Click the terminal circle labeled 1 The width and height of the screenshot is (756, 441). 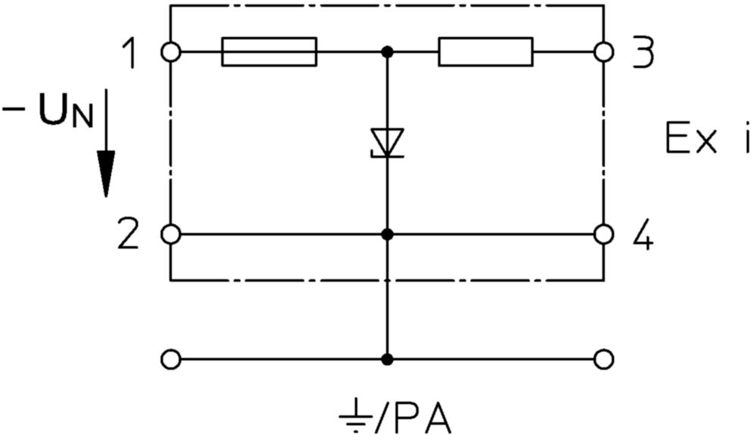point(171,51)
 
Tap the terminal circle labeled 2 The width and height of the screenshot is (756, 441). point(171,234)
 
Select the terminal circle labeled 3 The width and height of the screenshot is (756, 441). point(603,51)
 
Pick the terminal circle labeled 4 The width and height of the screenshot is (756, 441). point(603,234)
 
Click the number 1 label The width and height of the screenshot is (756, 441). point(129,53)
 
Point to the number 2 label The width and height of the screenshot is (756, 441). point(129,234)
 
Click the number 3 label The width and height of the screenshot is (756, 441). point(643,51)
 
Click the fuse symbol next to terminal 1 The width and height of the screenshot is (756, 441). point(269,51)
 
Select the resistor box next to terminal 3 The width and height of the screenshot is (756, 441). point(485,51)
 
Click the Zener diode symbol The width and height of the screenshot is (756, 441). point(386,143)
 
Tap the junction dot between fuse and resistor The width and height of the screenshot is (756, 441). point(386,51)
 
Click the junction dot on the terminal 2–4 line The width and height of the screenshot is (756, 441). point(386,234)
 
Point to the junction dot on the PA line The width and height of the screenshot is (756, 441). point(386,359)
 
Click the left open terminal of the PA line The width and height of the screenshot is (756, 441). point(171,359)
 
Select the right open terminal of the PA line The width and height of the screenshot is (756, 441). point(603,359)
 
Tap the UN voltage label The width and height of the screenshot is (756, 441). point(48,113)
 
